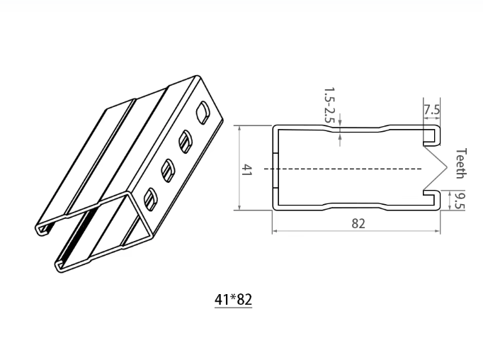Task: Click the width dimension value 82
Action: pyautogui.click(x=358, y=223)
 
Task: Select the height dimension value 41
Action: pyautogui.click(x=248, y=170)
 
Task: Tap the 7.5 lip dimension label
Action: pyautogui.click(x=431, y=111)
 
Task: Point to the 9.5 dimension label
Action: pyautogui.click(x=459, y=201)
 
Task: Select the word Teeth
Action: pyautogui.click(x=460, y=164)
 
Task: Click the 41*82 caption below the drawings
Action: pyautogui.click(x=233, y=299)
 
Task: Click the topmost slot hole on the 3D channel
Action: pyautogui.click(x=203, y=111)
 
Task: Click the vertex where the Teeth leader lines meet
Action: pyautogui.click(x=448, y=169)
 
